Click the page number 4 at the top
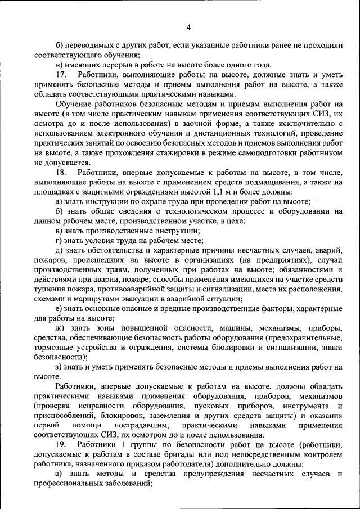pyautogui.click(x=188, y=27)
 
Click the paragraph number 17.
pyautogui.click(x=61, y=75)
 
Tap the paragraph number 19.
pyautogui.click(x=61, y=445)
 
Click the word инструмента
pyautogui.click(x=303, y=406)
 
